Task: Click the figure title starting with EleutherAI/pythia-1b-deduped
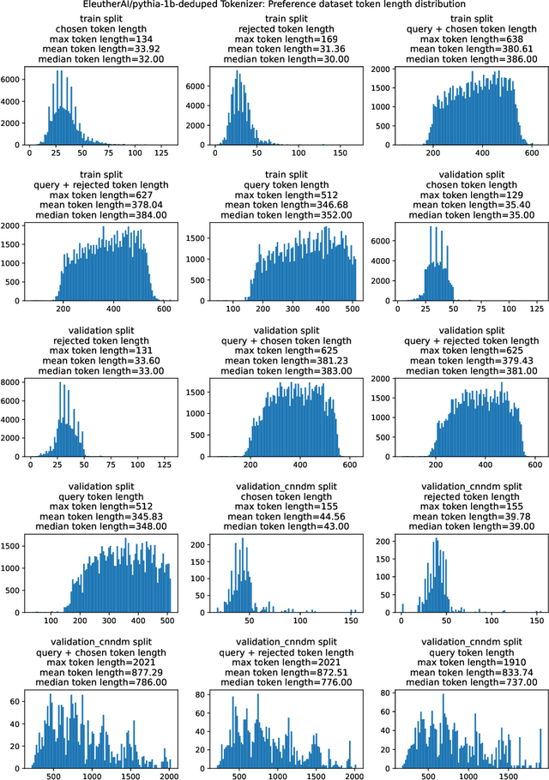[x=274, y=5]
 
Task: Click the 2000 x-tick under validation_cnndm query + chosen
[x=166, y=773]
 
